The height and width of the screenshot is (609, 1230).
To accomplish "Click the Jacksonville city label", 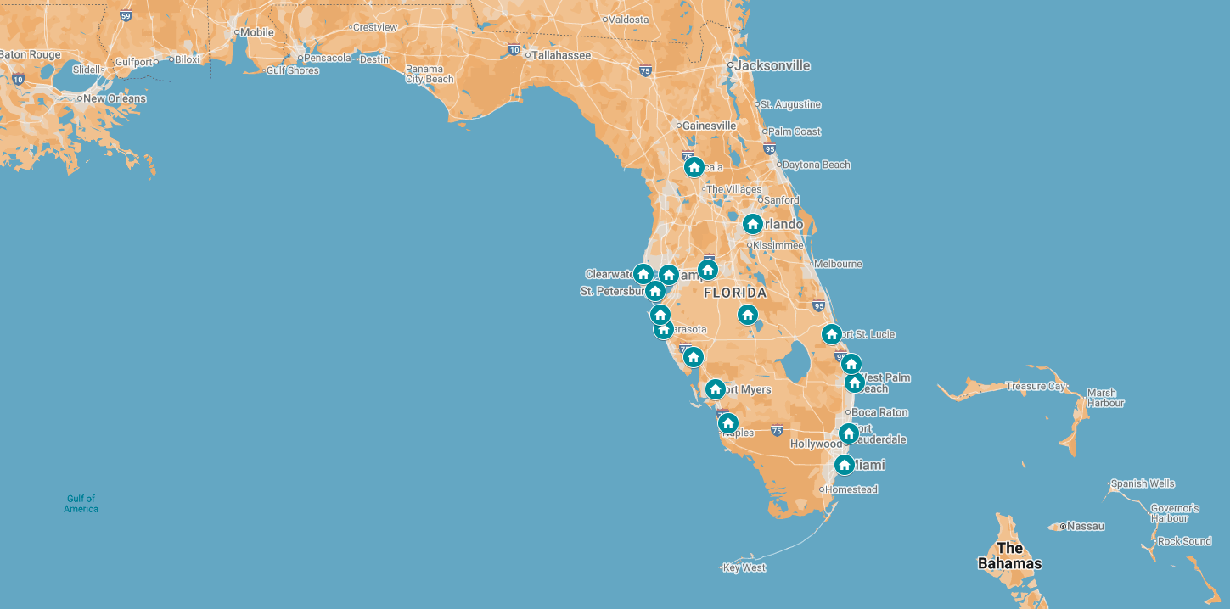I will [x=772, y=65].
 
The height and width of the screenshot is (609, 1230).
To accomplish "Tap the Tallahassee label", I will [x=560, y=55].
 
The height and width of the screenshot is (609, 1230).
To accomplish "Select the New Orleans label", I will [x=115, y=98].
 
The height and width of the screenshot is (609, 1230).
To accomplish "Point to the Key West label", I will [x=744, y=567].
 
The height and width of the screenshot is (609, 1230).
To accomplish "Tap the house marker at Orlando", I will [x=752, y=224].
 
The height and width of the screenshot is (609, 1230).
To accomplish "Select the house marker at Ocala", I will [x=694, y=167].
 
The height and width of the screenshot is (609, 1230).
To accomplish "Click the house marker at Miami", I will [x=844, y=465].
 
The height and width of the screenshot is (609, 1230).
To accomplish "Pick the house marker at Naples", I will [x=727, y=423].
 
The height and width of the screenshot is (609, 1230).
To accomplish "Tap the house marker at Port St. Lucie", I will [x=832, y=334].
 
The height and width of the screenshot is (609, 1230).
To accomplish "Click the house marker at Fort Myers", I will [x=716, y=389].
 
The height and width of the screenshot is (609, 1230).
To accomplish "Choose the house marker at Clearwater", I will [x=643, y=274].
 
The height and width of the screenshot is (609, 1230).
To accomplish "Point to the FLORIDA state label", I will [x=735, y=293].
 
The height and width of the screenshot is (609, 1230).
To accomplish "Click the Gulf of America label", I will [x=81, y=504].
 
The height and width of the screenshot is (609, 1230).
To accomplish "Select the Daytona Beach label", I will [x=816, y=165].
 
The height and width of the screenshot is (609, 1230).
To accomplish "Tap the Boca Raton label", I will [x=879, y=412].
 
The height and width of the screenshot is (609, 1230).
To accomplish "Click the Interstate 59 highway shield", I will [x=126, y=16].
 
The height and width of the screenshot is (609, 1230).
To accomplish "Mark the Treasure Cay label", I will [x=1035, y=386].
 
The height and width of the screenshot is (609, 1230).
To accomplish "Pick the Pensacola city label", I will [x=328, y=58].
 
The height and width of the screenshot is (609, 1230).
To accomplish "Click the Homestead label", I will [x=851, y=489].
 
